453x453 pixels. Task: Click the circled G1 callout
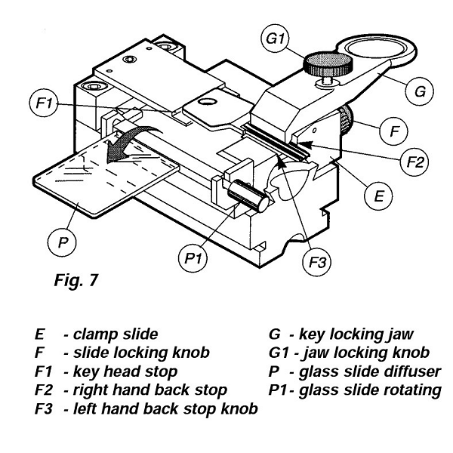[x=275, y=39]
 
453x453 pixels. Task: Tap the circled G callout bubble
[x=420, y=91]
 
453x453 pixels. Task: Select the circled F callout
[x=393, y=131]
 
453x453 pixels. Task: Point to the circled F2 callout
[x=414, y=161]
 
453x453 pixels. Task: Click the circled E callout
[x=378, y=196]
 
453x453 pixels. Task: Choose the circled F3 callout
[x=317, y=262]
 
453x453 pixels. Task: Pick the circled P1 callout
[x=193, y=257]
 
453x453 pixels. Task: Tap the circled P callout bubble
[x=63, y=242]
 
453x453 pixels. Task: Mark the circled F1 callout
[x=44, y=103]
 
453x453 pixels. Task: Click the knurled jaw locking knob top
[x=328, y=63]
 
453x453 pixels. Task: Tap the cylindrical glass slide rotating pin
[x=249, y=196]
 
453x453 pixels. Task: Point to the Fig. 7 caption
[x=76, y=280]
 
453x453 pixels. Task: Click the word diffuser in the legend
[x=409, y=371]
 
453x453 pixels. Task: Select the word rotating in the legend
[x=409, y=390]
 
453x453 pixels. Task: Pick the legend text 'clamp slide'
[x=116, y=334]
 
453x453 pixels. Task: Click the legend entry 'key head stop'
[x=125, y=371]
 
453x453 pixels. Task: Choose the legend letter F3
[x=44, y=408]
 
